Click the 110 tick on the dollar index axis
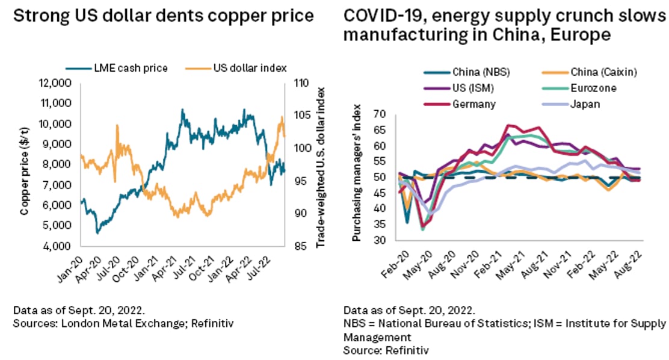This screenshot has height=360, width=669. pyautogui.click(x=299, y=82)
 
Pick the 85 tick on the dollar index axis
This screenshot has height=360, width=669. pyautogui.click(x=297, y=246)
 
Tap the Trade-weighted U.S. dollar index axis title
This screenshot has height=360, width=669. pyautogui.click(x=321, y=164)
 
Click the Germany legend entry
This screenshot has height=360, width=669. pyautogui.click(x=476, y=104)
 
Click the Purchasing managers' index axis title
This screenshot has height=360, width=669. pyautogui.click(x=356, y=178)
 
